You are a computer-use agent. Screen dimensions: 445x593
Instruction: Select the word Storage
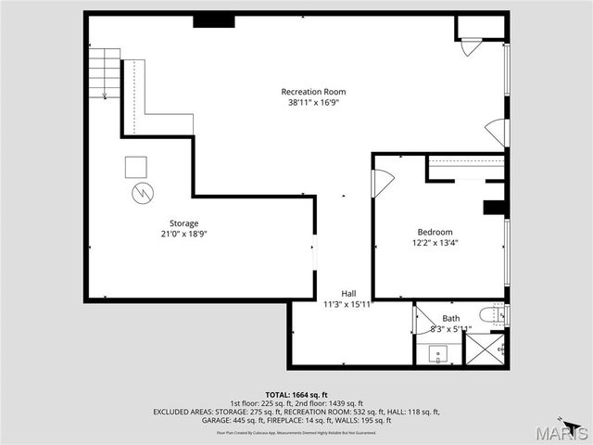click(183, 222)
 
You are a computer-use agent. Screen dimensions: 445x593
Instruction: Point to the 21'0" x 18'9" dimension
click(183, 235)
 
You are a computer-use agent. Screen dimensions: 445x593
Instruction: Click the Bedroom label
click(435, 232)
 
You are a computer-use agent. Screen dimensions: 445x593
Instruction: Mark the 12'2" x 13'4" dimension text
click(435, 243)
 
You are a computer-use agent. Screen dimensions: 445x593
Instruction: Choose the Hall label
click(347, 292)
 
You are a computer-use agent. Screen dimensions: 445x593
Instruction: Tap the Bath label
click(450, 318)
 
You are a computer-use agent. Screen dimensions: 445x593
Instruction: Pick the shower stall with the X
click(483, 348)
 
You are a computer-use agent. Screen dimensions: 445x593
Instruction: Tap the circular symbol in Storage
click(143, 193)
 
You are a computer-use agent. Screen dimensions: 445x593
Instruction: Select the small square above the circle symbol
click(136, 167)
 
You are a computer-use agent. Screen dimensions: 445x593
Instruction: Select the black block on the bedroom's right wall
click(494, 207)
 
